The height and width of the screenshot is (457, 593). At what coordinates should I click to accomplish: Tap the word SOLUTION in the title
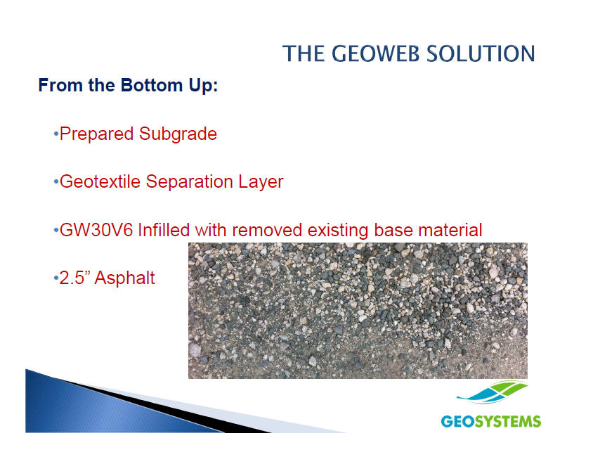pos(481,53)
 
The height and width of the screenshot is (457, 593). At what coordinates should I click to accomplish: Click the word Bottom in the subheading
pos(152,85)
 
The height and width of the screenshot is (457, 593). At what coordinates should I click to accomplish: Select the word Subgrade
pos(178,134)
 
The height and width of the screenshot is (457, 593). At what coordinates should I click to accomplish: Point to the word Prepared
pos(97,134)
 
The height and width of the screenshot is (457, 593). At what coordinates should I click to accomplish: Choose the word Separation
pos(189,181)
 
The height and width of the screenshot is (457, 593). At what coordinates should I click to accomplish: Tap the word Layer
pos(261,182)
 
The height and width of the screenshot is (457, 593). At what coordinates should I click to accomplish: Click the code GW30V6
pos(96,230)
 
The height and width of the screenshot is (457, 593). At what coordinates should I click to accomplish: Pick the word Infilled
pos(164,230)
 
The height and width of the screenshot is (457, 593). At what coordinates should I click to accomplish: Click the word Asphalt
pos(124,278)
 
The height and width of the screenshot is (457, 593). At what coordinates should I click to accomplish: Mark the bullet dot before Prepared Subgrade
pos(56,134)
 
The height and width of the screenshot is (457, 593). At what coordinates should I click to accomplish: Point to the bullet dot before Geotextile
pos(56,182)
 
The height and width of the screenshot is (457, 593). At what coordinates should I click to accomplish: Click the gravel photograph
pos(358,311)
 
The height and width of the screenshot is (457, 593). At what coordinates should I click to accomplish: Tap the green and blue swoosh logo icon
pos(492,392)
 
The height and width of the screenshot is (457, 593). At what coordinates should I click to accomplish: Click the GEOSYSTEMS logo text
pos(491,421)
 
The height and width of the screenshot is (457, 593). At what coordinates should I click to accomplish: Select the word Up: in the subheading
pos(204,86)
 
